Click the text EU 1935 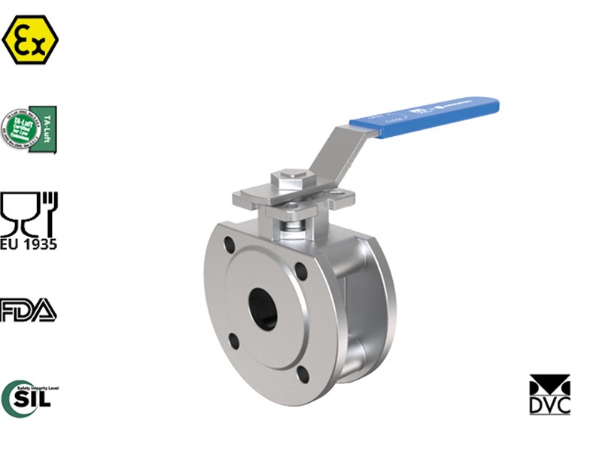[29, 244]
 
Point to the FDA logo [29, 310]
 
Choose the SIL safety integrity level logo [29, 398]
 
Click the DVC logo [550, 395]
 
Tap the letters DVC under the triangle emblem [550, 404]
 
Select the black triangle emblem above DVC [550, 384]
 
